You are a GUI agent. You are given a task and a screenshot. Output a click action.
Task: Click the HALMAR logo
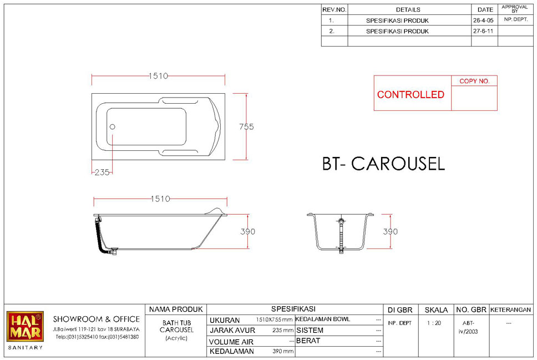click(x=25, y=326)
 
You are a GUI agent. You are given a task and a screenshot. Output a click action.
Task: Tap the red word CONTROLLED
click(x=411, y=94)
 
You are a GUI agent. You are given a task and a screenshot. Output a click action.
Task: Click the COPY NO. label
click(x=474, y=81)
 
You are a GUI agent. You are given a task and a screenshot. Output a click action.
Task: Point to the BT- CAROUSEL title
click(x=383, y=164)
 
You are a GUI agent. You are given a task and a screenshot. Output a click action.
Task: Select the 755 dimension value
click(x=246, y=126)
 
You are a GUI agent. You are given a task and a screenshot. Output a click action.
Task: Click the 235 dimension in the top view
click(x=102, y=173)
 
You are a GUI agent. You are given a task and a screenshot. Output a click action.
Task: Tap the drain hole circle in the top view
click(x=112, y=126)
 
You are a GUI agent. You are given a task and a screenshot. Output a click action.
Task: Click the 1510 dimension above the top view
click(x=158, y=75)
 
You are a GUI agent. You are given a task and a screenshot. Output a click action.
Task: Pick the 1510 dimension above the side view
click(x=160, y=199)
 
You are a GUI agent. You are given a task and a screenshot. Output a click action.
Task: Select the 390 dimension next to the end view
click(x=391, y=231)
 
